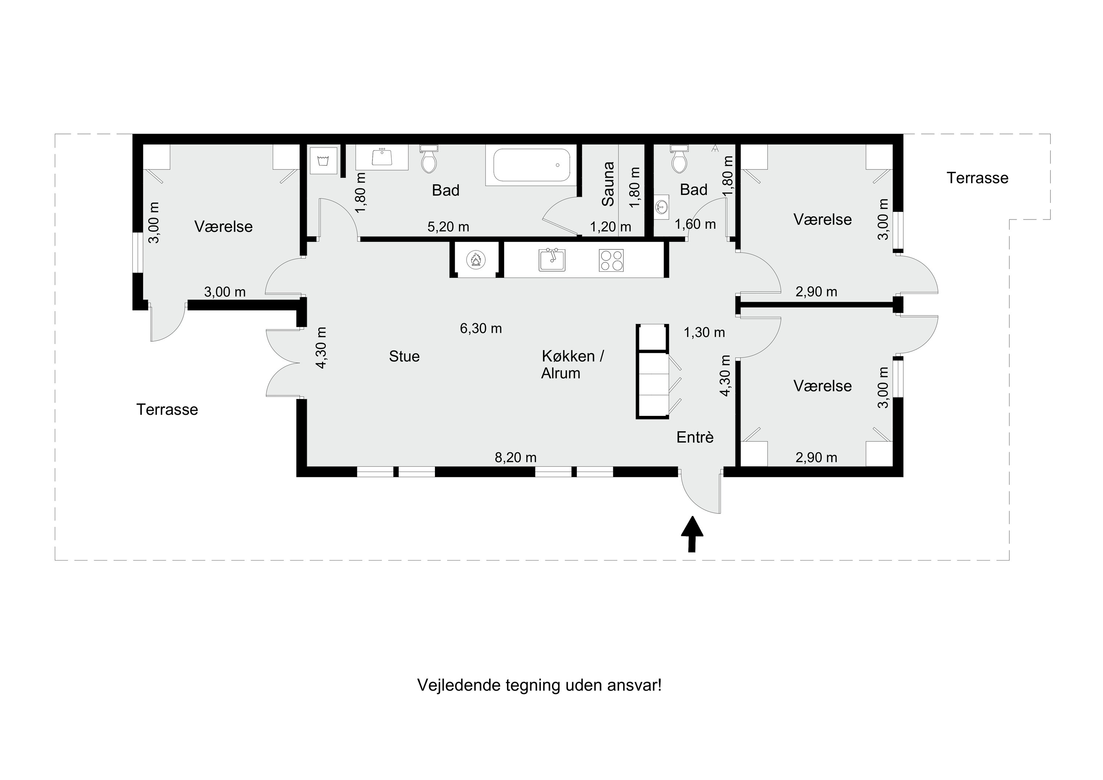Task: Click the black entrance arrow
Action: (x=692, y=534)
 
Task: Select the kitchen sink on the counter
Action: (x=552, y=260)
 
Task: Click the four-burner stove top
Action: (x=611, y=260)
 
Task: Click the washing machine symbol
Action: (x=323, y=160)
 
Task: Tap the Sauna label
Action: (x=608, y=184)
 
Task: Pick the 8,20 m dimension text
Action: (x=515, y=457)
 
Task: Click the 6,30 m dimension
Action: (x=481, y=328)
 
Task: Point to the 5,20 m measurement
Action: (x=448, y=227)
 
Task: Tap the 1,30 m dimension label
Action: (x=704, y=332)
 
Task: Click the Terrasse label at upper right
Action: (x=977, y=178)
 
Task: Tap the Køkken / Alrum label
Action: (x=572, y=365)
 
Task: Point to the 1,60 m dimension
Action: (x=695, y=224)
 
